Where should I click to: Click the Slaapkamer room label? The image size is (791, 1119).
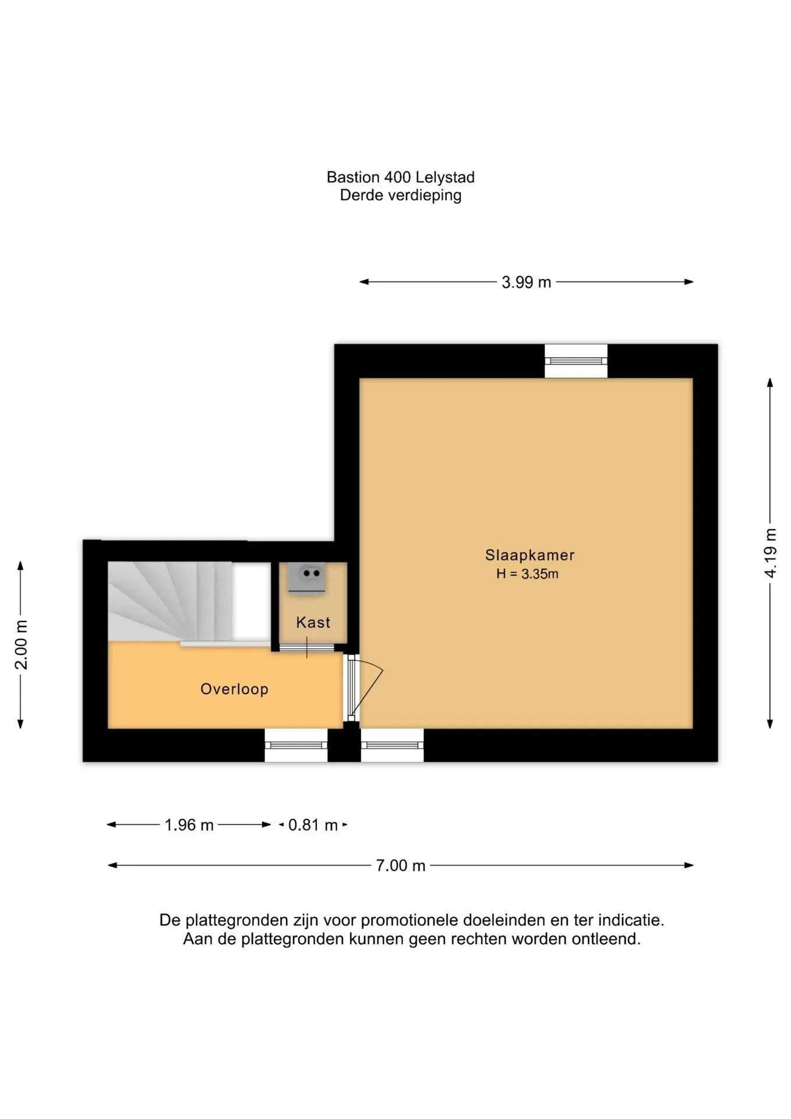point(529,555)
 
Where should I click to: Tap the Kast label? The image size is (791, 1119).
point(313,622)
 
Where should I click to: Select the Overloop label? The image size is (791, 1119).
point(234,689)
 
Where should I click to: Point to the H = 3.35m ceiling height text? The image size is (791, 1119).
point(527,574)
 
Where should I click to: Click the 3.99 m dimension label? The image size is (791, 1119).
point(526,283)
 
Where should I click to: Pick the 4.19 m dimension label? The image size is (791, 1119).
point(771,553)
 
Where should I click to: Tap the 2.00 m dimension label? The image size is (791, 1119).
point(21,645)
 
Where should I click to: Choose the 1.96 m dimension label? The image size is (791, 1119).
point(189,825)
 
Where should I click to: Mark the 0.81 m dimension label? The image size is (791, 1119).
point(313,825)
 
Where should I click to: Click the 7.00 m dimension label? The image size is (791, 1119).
point(400,865)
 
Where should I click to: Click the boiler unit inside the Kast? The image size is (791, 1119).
point(307,579)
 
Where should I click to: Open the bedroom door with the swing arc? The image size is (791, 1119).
point(365,688)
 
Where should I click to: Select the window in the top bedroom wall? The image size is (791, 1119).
point(576,361)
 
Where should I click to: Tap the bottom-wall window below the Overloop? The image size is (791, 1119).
point(296,745)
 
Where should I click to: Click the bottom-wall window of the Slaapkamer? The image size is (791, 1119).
point(392,745)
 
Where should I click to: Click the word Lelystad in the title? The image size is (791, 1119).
point(446,177)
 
